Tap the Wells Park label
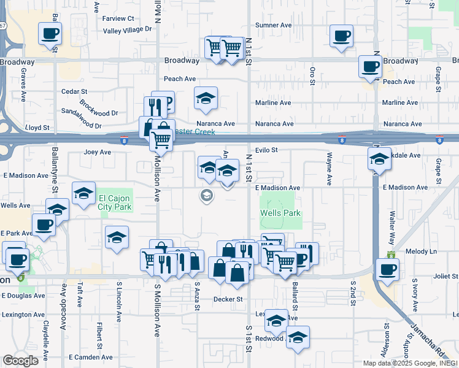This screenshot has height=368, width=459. point(280,213)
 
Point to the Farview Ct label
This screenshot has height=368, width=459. point(118,19)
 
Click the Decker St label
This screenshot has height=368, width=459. point(228,299)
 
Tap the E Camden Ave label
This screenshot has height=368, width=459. point(91,357)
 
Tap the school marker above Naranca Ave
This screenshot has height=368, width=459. point(206,98)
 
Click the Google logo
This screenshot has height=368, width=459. point(20,361)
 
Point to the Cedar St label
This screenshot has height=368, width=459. point(74,91)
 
